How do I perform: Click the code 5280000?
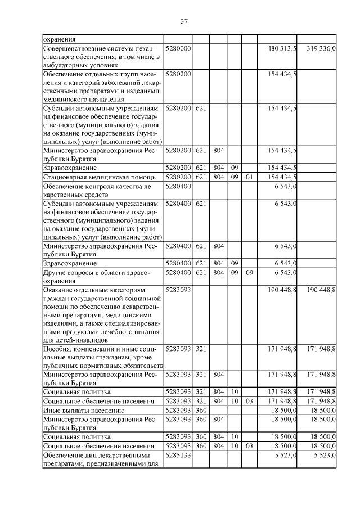[x=179, y=49]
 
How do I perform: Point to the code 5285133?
[x=179, y=456]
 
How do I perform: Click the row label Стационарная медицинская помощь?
[x=85, y=177]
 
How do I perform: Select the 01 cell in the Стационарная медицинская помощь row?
[x=249, y=177]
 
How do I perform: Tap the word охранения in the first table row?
[x=59, y=40]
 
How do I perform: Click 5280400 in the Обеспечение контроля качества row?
[x=179, y=186]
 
